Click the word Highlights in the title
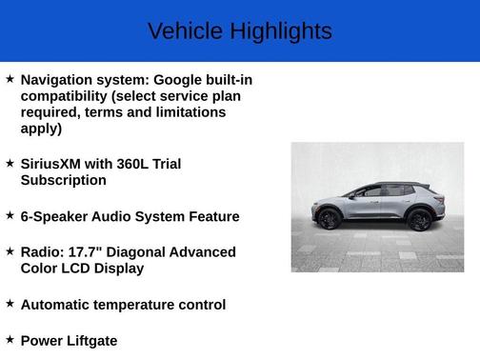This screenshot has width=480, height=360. pos(279,31)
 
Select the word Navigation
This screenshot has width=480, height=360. pos(56,80)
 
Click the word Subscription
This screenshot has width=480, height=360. pos(63,180)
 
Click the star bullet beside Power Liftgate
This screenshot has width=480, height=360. pos(10,338)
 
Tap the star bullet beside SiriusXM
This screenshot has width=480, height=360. pos(10,162)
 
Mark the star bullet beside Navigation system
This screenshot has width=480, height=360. pos(10,78)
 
